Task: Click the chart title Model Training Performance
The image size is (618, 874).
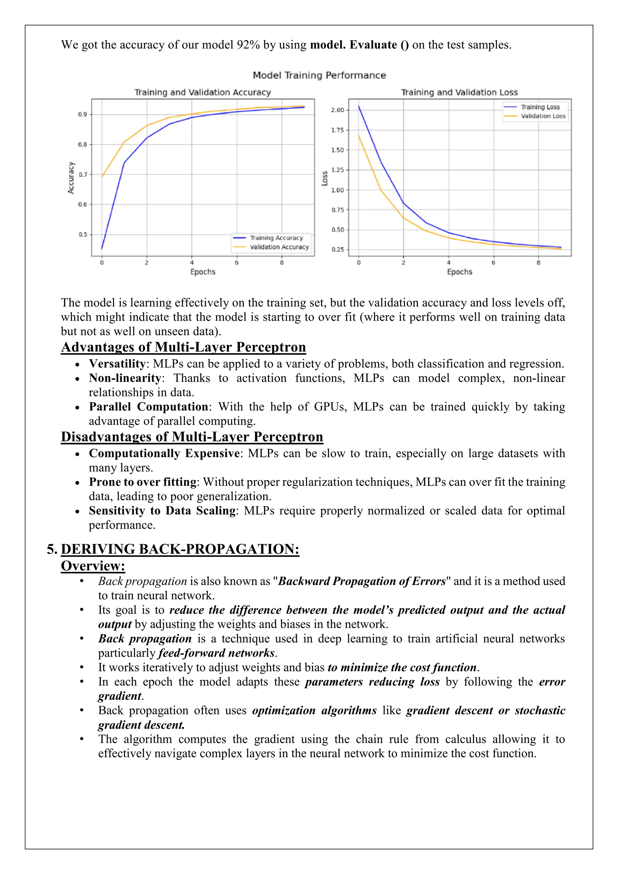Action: pyautogui.click(x=319, y=75)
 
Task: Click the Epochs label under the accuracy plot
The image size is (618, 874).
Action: pyautogui.click(x=203, y=272)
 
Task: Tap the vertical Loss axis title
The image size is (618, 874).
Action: pyautogui.click(x=325, y=178)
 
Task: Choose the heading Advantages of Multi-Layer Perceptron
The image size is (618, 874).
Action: pyautogui.click(x=183, y=347)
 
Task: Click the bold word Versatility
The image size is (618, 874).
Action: pyautogui.click(x=117, y=364)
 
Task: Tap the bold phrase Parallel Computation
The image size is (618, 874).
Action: pyautogui.click(x=148, y=407)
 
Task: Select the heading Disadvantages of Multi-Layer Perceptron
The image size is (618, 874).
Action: pyautogui.click(x=192, y=437)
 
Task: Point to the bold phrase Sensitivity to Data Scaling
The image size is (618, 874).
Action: pyautogui.click(x=162, y=511)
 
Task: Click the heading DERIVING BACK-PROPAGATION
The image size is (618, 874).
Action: pyautogui.click(x=180, y=549)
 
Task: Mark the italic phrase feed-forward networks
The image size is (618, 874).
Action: pyautogui.click(x=217, y=653)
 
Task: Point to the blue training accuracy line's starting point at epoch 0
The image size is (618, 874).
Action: pyautogui.click(x=102, y=249)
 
